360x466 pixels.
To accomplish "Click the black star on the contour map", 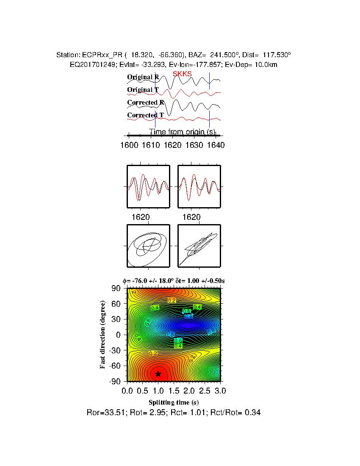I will coord(158,374).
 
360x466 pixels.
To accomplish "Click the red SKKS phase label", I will coord(182,74).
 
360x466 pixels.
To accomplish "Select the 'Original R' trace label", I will coord(143,77).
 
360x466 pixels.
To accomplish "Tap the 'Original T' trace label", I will coord(143,90).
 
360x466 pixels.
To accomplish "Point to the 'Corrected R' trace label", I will coord(146,103).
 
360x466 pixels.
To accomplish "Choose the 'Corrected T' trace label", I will coord(146,115).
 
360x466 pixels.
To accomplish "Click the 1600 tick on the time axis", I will coord(129,145).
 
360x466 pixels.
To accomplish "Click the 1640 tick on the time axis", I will coord(216,145).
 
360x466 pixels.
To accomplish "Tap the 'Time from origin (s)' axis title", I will coord(182,132).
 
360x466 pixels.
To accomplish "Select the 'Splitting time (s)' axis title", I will coord(174,402).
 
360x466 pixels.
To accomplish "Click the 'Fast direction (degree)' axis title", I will coord(103,335).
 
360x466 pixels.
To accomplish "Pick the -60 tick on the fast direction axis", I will coord(115,366).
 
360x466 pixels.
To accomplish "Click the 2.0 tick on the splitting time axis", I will coord(189,390).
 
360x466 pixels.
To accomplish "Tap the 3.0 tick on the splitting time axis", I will coord(220,390).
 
